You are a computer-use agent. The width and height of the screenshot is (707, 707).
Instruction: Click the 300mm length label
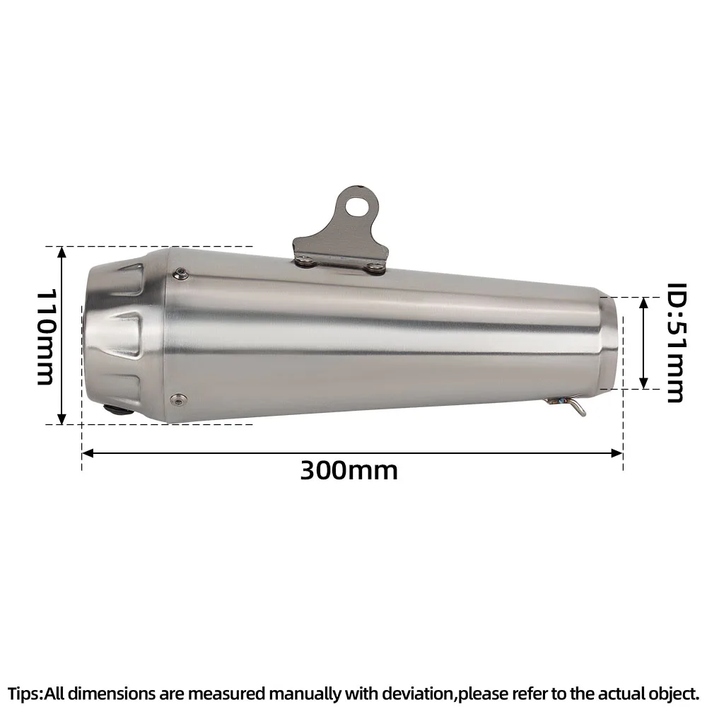point(349,471)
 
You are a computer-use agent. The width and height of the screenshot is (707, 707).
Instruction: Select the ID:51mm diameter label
point(677,343)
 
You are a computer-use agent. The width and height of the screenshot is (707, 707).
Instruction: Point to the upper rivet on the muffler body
point(181,273)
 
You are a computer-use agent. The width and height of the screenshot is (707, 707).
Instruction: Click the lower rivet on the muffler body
point(177,398)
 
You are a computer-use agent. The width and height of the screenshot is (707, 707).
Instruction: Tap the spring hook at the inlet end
point(566,405)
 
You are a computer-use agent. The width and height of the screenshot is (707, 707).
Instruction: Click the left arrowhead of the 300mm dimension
point(88,452)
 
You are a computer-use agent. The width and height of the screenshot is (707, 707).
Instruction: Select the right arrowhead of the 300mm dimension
point(617,452)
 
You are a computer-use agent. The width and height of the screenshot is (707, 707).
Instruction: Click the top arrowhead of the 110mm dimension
point(62,252)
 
